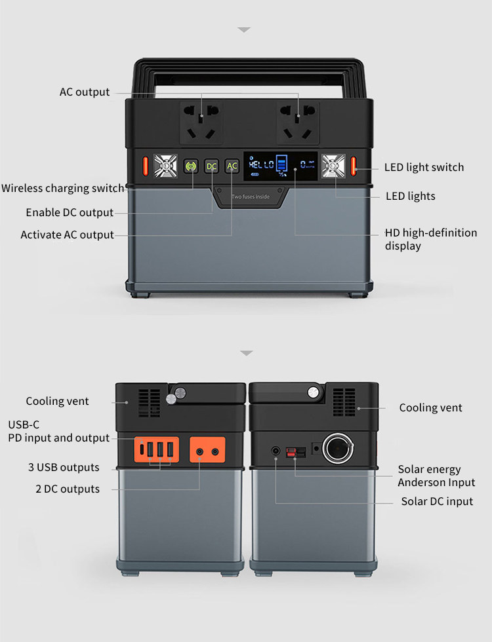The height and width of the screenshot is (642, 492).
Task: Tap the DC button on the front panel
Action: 211,166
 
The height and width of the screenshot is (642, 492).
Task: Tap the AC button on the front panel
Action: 232,166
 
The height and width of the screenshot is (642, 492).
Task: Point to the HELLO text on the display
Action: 261,164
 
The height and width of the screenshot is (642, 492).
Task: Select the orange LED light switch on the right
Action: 354,166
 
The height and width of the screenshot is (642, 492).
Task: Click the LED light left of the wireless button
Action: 165,166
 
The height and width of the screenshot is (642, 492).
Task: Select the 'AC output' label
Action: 85,92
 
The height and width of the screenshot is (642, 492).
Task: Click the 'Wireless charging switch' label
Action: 63,189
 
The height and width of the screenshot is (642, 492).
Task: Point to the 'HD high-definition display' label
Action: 430,239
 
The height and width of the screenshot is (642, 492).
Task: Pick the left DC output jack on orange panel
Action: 199,451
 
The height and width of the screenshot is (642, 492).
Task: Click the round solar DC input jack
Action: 276,451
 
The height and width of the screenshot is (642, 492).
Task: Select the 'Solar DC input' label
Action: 437,501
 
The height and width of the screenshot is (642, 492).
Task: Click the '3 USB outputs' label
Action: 64,467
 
